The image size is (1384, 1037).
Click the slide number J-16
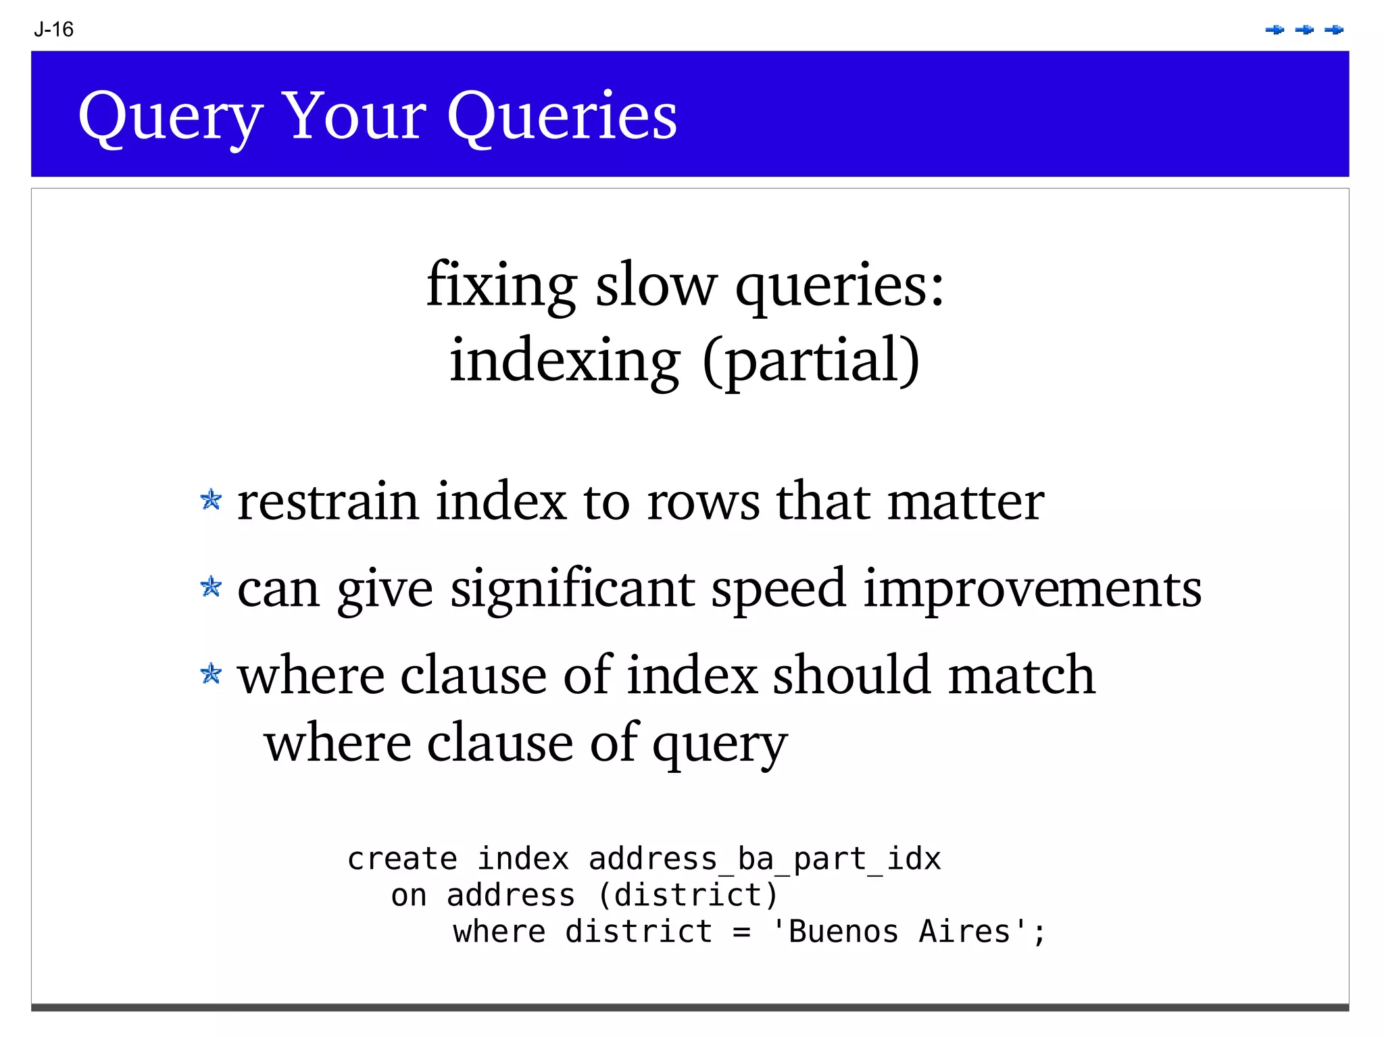point(53,29)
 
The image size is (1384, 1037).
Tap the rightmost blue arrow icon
point(1334,30)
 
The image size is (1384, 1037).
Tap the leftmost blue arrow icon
point(1275,30)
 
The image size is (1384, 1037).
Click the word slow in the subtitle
point(655,286)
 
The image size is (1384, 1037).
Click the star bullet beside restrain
point(211,500)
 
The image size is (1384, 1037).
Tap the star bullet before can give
point(211,586)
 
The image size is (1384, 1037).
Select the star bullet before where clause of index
point(211,673)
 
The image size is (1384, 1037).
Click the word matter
point(966,503)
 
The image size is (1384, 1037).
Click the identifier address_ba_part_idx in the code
point(764,859)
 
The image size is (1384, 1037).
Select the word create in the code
point(402,859)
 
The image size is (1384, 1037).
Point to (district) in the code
point(688,896)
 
